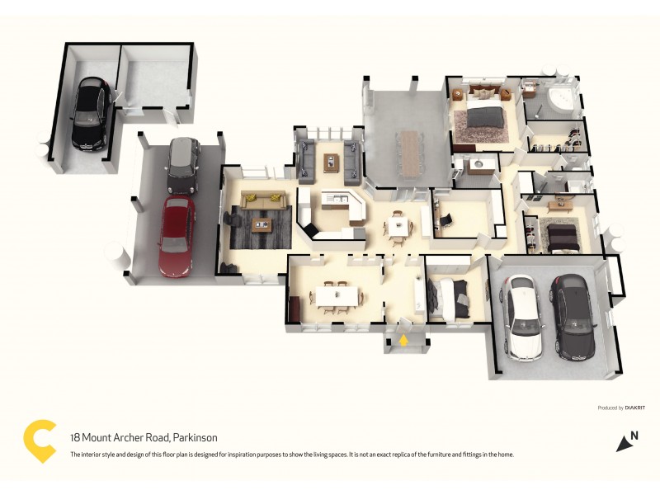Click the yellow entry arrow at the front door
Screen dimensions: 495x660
(403, 338)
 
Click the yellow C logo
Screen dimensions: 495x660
(40, 441)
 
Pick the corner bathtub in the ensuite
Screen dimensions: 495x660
(561, 101)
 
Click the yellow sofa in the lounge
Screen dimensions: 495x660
(262, 200)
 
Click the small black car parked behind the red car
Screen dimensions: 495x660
(183, 163)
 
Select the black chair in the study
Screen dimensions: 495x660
(445, 220)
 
